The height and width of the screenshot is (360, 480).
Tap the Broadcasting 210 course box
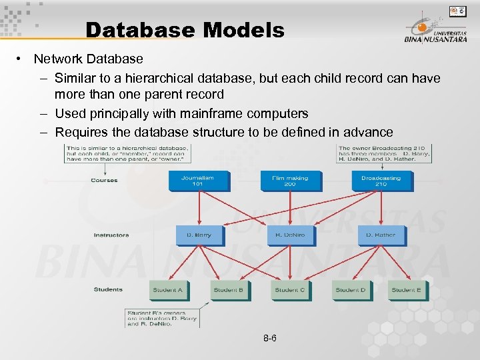(381, 181)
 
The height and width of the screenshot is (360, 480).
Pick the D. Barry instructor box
(199, 235)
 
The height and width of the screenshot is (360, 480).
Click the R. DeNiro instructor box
(289, 235)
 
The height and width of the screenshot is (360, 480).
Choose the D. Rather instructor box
(380, 235)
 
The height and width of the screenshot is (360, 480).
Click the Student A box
(167, 289)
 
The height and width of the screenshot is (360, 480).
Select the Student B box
(228, 289)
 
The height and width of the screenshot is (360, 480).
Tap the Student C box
(289, 289)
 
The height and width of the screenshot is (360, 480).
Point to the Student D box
(350, 289)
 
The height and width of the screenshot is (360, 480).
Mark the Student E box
(405, 289)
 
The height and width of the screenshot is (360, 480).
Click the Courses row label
(104, 180)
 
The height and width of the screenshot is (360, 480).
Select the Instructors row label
(111, 235)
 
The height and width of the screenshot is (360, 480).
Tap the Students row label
(108, 289)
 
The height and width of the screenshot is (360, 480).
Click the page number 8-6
(270, 339)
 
